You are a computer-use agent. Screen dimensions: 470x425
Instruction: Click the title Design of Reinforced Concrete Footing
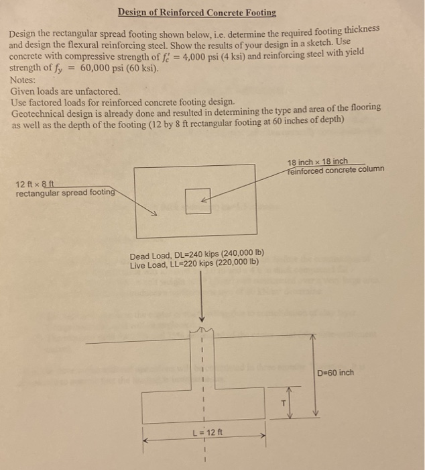point(196,13)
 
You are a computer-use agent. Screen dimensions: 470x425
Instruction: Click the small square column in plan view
point(198,201)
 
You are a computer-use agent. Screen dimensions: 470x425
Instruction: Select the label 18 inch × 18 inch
point(317,162)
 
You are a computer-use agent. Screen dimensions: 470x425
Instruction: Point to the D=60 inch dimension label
point(335,373)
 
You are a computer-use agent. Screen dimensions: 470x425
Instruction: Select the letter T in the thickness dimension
point(283,403)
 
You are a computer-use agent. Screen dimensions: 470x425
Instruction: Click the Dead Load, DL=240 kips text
point(197,256)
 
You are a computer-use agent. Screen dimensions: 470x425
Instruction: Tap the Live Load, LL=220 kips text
point(194,265)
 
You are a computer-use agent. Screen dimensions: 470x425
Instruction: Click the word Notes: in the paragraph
point(24,79)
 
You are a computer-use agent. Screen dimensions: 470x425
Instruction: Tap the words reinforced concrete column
point(335,170)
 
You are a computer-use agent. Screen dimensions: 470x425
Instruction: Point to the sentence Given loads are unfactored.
point(65,90)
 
